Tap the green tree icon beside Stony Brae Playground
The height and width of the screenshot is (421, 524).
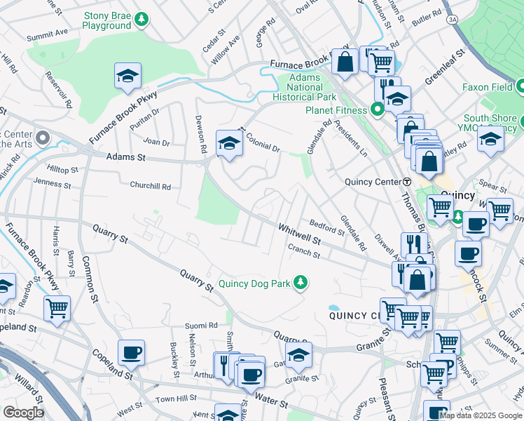click(x=142, y=19)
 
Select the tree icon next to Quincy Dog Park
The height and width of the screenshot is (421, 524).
click(x=301, y=282)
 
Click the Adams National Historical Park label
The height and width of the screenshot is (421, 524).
click(x=305, y=87)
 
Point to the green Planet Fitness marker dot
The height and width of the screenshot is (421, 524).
click(x=377, y=109)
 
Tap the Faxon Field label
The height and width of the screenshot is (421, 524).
click(x=487, y=88)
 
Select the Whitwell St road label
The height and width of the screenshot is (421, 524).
click(x=299, y=234)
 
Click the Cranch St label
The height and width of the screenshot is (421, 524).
click(x=304, y=251)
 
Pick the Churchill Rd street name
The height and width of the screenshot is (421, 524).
click(x=150, y=187)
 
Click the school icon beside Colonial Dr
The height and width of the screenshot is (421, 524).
click(x=229, y=144)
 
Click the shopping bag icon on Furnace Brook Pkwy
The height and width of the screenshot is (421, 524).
click(x=345, y=61)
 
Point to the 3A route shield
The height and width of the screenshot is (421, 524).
click(x=453, y=20)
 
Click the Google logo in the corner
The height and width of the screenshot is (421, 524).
click(x=23, y=412)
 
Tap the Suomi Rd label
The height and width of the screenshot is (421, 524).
click(x=199, y=326)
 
